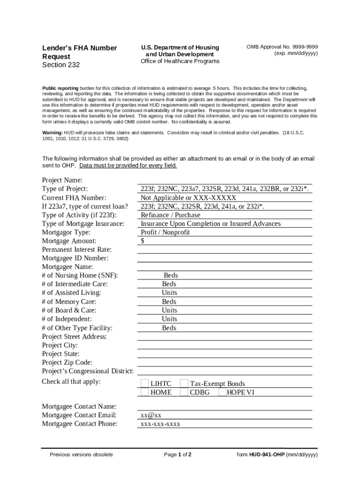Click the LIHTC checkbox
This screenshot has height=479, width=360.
(x=144, y=384)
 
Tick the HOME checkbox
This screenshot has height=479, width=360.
(x=144, y=392)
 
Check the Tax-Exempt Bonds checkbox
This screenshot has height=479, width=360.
(x=184, y=384)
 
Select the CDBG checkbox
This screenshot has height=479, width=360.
(x=184, y=392)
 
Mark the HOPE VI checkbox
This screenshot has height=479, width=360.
(x=222, y=392)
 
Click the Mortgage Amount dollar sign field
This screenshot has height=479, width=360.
(x=143, y=241)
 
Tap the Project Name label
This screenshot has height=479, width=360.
(x=62, y=180)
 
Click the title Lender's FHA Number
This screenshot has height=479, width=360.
(x=79, y=48)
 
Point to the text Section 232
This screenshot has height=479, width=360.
(x=61, y=65)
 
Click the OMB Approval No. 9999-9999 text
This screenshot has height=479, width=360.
(x=282, y=47)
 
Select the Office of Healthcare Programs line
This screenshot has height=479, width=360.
(x=180, y=61)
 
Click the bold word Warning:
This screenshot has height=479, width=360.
(x=53, y=133)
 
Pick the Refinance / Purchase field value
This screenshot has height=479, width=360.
(x=170, y=215)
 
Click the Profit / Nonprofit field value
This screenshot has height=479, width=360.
(x=165, y=232)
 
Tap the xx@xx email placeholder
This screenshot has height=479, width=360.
(x=151, y=415)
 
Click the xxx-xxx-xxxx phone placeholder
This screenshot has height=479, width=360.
(x=160, y=424)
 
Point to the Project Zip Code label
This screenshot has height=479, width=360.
(x=67, y=363)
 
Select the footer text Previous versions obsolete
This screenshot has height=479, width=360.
(x=81, y=455)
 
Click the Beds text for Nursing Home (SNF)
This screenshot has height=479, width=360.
(x=171, y=276)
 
